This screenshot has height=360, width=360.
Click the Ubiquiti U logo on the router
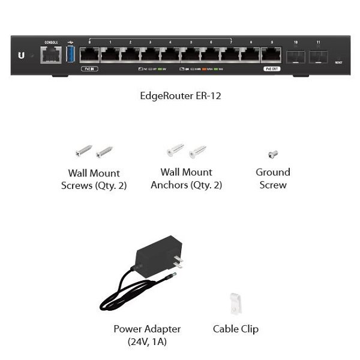point(22,55)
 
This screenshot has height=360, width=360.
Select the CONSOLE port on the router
point(49,55)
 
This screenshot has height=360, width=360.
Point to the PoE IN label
point(89,69)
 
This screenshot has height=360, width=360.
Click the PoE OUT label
point(271,69)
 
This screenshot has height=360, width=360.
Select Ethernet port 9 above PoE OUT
point(271,55)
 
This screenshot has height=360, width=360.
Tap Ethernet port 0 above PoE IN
point(90,55)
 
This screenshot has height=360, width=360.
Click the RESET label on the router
point(339,62)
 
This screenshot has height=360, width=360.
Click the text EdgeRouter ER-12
point(180,95)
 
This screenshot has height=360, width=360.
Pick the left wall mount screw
point(83,150)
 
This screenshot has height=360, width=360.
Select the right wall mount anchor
point(198,151)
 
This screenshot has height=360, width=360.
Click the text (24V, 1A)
point(147,342)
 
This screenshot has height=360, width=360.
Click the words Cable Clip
point(236,329)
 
